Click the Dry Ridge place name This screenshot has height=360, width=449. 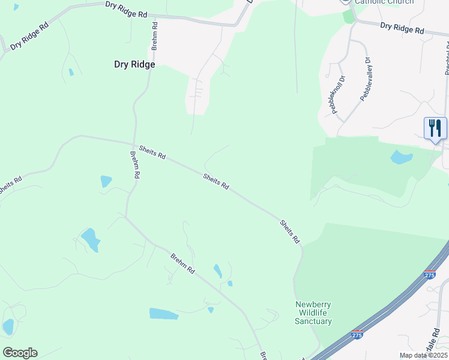tap(134, 64)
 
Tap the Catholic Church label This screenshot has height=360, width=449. tap(384, 2)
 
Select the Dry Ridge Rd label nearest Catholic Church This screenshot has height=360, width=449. tap(402, 28)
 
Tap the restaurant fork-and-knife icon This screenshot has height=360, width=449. tap(435, 128)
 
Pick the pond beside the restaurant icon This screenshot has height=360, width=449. tap(401, 158)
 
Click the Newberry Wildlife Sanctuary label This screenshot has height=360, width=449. tap(313, 313)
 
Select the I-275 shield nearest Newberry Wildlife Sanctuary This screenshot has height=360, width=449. tap(357, 335)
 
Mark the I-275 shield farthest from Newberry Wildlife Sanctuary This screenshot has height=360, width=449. tap(429, 274)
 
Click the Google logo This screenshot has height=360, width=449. tap(20, 352)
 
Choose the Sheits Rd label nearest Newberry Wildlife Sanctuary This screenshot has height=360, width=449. tap(289, 231)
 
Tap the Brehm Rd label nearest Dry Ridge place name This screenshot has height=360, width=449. tap(155, 35)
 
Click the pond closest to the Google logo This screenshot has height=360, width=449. tap(8, 326)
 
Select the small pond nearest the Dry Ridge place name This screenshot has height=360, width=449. tap(71, 72)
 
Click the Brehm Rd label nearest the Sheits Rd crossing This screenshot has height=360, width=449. tap(135, 164)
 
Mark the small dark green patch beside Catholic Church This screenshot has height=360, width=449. tap(349, 16)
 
